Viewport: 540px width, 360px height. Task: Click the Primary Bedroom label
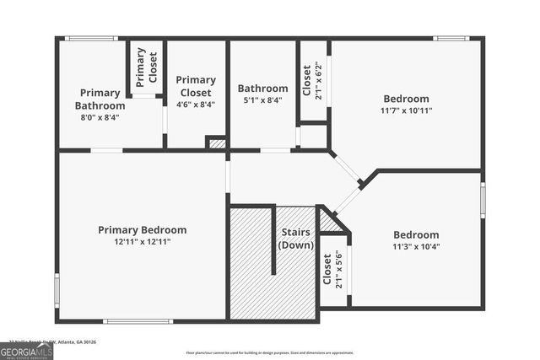click(142, 230)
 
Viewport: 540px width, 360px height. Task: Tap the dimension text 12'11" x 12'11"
click(142, 242)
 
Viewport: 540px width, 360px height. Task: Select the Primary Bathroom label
click(100, 99)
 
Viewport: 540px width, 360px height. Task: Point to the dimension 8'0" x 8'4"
click(100, 118)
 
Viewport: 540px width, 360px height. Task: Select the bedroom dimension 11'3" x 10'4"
click(416, 247)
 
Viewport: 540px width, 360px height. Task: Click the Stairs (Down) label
click(295, 239)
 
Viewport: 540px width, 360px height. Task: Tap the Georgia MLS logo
click(26, 351)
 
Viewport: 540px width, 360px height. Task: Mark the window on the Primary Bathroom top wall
click(91, 38)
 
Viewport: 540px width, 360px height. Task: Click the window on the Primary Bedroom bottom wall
click(138, 321)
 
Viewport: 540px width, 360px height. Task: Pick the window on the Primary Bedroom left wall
click(57, 288)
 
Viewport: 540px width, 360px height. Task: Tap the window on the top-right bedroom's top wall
click(451, 38)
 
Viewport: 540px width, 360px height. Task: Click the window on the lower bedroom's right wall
click(483, 200)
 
